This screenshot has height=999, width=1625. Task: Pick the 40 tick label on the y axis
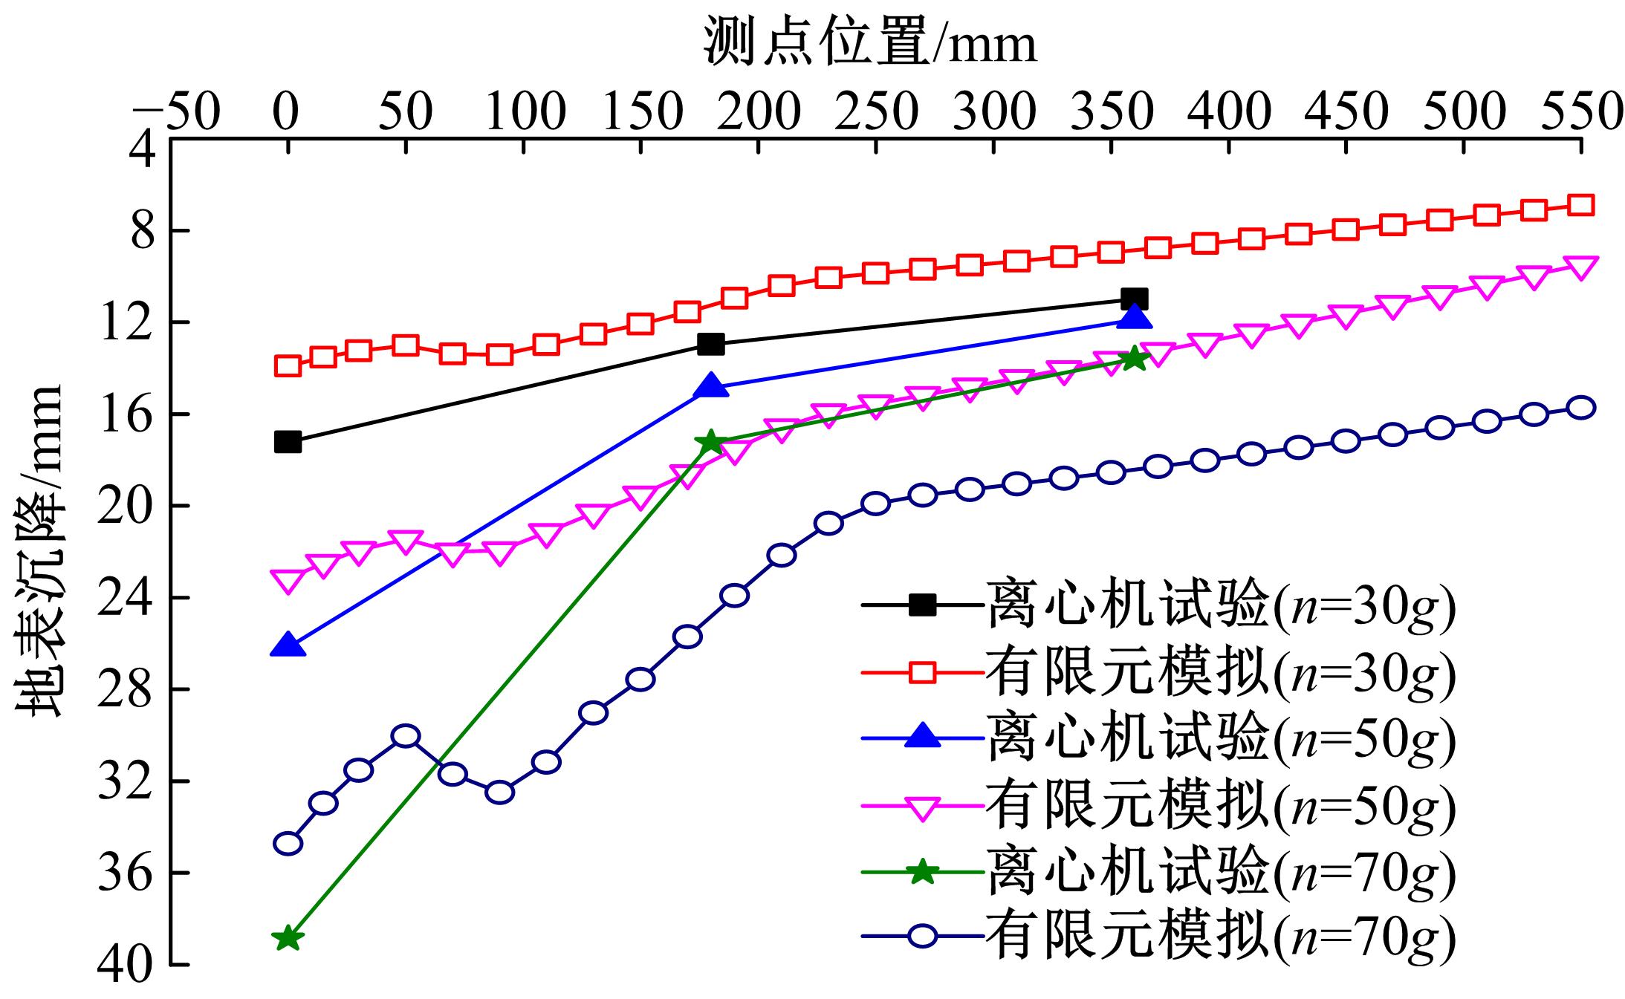pos(121,966)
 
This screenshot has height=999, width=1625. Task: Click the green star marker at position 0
pos(288,939)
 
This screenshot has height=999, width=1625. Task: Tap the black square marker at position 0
pos(288,442)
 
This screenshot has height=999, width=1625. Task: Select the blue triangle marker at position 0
pos(288,646)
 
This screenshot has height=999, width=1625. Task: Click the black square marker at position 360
pos(1134,299)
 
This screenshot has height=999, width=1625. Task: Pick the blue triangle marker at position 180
pos(711,385)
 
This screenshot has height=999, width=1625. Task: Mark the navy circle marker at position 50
pos(405,736)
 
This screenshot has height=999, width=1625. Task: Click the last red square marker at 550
pos(1580,205)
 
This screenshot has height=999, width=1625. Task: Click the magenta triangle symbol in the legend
pos(922,807)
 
